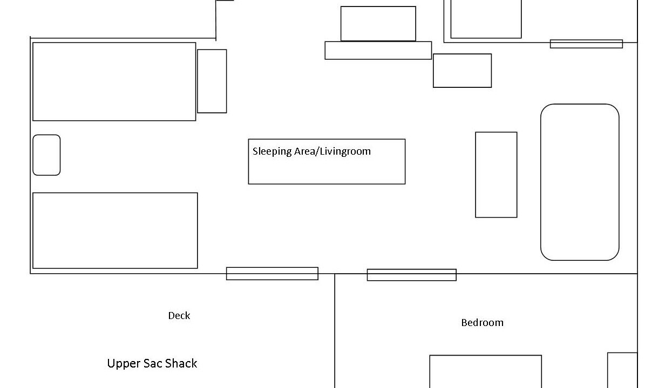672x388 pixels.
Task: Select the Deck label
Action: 179,316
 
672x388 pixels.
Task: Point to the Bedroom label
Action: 482,323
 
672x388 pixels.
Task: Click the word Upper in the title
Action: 124,364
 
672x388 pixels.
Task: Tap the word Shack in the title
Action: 181,364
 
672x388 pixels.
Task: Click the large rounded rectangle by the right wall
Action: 580,182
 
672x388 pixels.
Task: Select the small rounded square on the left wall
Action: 46,155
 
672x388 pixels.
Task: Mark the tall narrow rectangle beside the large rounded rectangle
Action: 496,175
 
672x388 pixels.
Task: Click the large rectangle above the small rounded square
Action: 114,81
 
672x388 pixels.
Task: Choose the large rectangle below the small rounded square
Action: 115,231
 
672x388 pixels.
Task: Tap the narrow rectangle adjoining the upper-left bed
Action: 212,81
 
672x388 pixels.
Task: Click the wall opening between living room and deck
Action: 272,274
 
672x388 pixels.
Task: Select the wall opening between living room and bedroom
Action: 411,275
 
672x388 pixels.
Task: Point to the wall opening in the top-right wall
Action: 586,44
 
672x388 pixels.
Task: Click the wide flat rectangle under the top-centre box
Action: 378,51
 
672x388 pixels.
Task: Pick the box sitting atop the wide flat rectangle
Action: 378,24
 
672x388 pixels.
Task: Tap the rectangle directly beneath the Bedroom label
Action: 485,371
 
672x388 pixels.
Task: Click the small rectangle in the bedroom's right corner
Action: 622,370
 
